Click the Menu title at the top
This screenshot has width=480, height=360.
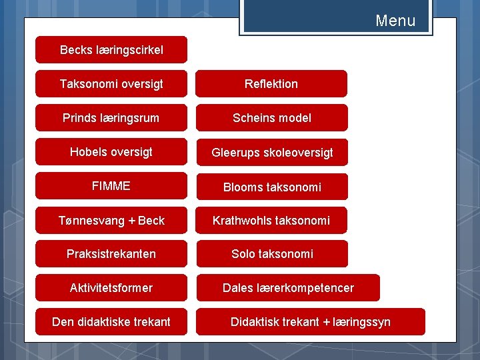395,21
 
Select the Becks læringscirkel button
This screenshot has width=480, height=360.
111,50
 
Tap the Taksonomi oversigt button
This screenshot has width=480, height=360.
111,84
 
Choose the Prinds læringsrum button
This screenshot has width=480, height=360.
111,118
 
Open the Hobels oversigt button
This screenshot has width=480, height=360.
111,152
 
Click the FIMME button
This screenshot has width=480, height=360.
111,186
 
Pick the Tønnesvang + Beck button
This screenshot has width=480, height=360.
111,221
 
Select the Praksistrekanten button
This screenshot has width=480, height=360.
111,254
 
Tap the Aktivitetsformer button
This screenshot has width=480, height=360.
111,288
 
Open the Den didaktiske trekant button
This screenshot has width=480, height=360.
111,322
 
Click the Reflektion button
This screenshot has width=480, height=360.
271,84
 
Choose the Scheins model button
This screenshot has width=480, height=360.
271,118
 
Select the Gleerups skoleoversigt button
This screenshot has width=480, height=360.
271,153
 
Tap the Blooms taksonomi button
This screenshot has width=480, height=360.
271,187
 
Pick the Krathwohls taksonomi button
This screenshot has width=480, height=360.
271,221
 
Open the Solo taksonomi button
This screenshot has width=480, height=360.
271,254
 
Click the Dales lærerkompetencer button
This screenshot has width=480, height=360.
288,288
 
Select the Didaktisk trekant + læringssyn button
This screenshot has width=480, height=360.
311,322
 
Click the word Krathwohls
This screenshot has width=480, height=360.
241,221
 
